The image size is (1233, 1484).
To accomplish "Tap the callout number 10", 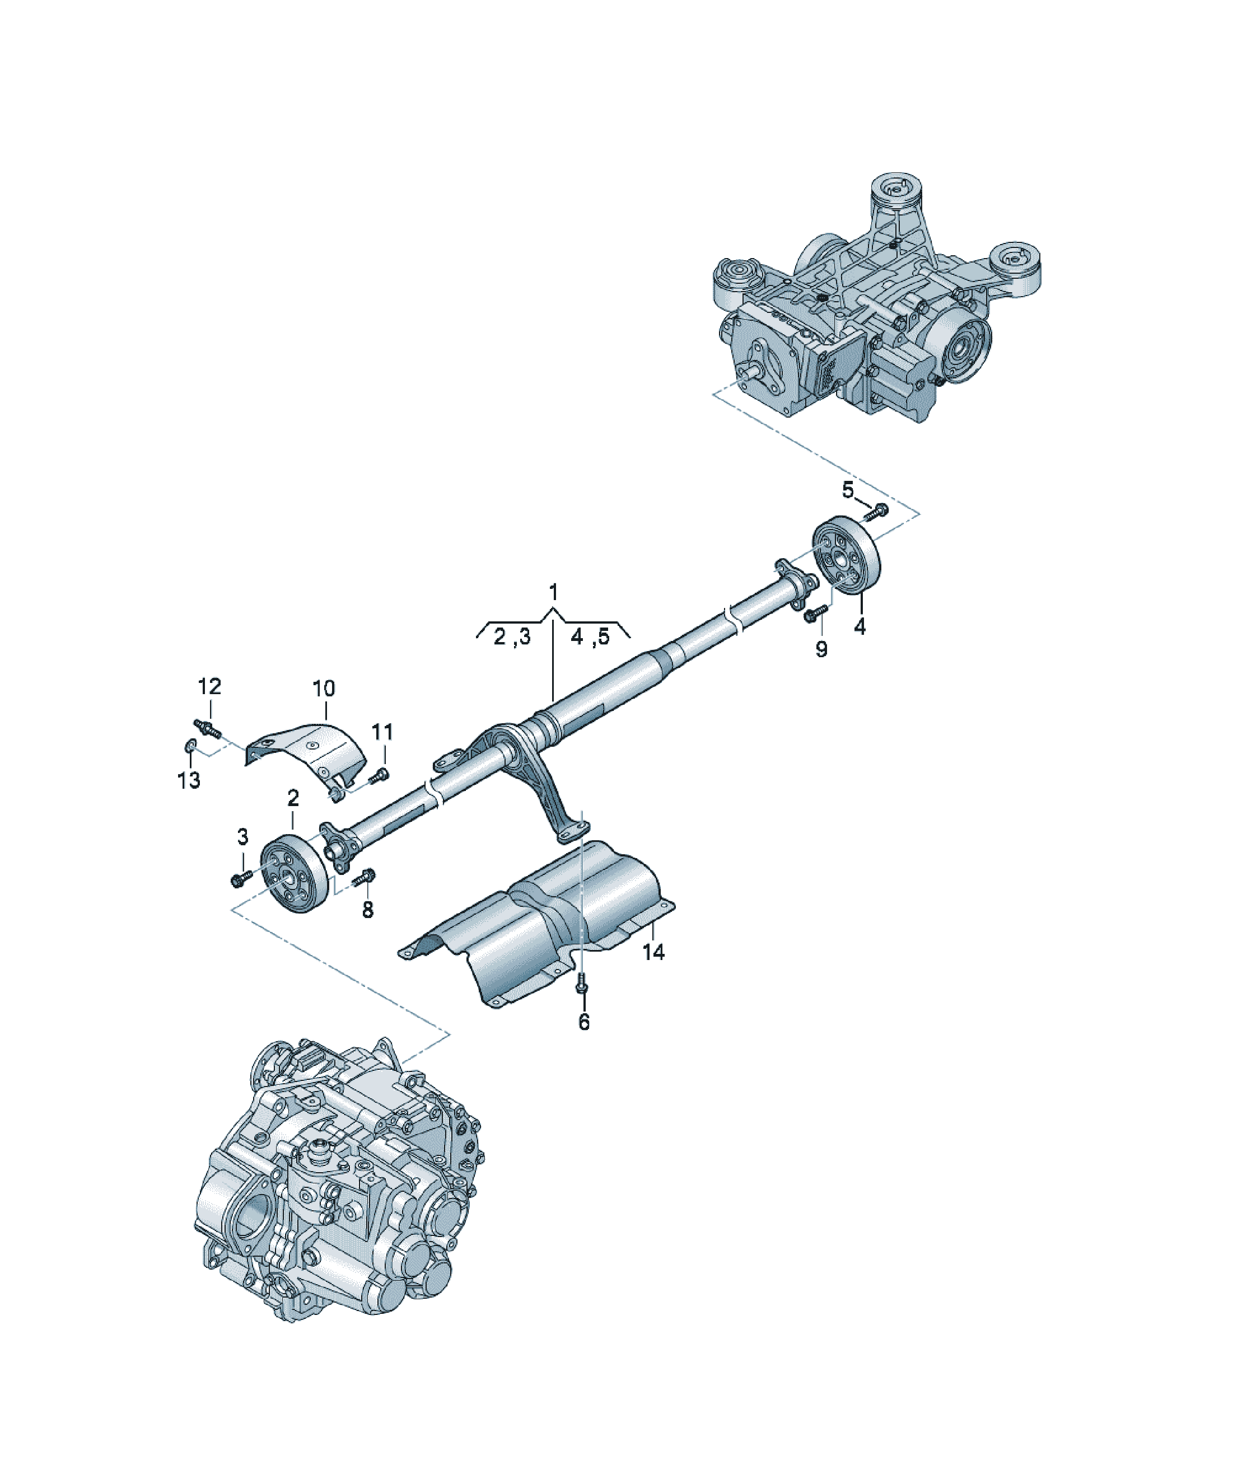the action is pos(324,689).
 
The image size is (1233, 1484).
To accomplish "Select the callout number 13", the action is pos(189,780).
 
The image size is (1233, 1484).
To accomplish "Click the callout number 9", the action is pos(821,649).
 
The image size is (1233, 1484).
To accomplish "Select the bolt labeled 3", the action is pos(242,878).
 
